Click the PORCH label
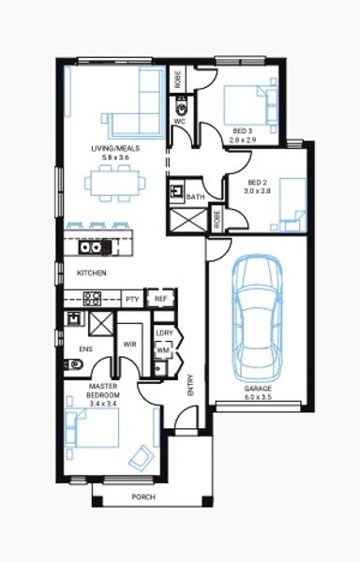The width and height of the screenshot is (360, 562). pos(143,497)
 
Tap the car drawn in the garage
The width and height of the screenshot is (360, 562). pos(257,318)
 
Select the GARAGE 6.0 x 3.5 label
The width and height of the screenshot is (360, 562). pos(258,392)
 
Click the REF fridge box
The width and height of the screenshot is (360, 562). pos(160,298)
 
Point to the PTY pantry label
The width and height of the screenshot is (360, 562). pos(132,299)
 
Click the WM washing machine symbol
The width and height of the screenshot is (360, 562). pos(163,350)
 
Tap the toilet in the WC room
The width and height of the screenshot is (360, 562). pos(182,107)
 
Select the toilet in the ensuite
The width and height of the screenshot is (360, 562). pos(74,365)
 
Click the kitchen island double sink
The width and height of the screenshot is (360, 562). pos(90,247)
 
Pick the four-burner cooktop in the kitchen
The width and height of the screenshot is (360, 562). pos(92,299)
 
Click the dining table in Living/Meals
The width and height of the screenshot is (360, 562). pos(114,184)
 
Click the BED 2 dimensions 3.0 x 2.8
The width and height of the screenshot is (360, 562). pos(257,191)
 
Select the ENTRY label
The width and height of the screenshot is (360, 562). pos(190,385)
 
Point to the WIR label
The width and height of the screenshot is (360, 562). pos(129,345)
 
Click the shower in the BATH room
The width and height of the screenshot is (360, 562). pos(187,220)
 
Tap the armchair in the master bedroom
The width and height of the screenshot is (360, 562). pos(142,458)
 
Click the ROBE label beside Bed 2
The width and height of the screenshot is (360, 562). pos(217,218)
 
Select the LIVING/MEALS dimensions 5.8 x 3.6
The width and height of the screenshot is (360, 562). pos(115,157)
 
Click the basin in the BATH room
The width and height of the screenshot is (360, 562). pos(177,190)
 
